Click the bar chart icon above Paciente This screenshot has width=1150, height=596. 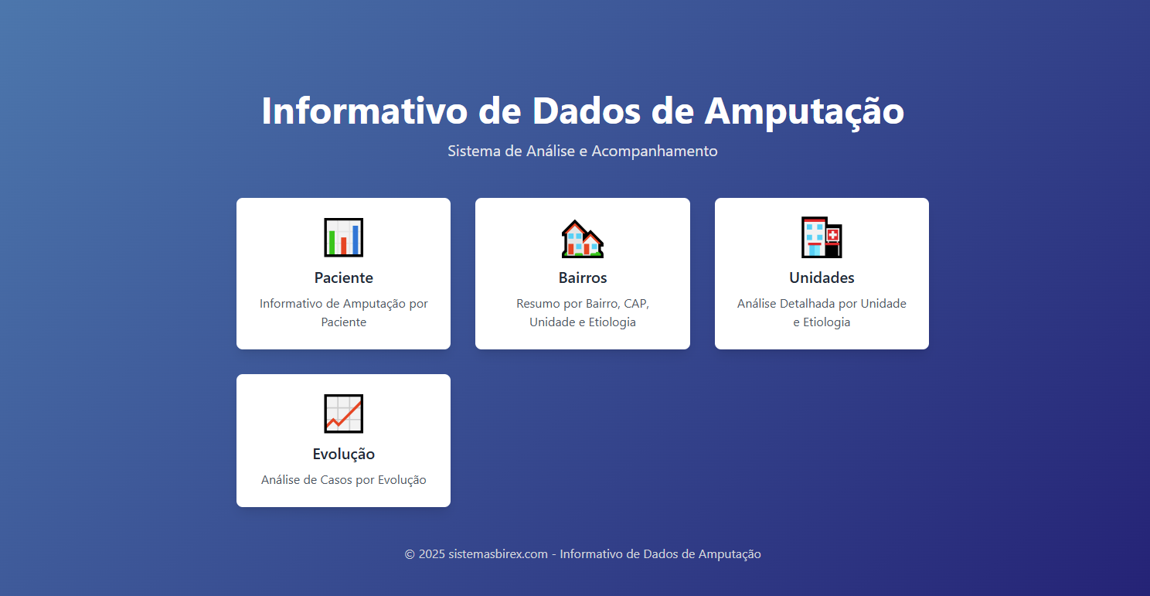[x=343, y=237]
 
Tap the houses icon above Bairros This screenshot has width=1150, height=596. [x=582, y=238]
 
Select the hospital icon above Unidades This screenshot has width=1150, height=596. [x=822, y=237]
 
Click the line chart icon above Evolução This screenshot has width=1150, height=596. [x=343, y=414]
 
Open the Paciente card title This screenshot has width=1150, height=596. [x=343, y=278]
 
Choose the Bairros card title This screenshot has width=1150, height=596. [x=583, y=278]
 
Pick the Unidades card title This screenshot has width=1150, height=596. [x=822, y=278]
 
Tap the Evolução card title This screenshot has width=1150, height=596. [x=343, y=454]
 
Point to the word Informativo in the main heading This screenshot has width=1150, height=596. [x=364, y=111]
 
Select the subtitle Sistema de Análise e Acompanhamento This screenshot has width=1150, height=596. [x=582, y=151]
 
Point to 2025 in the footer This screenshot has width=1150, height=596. [x=432, y=554]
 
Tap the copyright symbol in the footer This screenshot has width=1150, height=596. [x=410, y=554]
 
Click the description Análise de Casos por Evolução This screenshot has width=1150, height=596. [x=343, y=480]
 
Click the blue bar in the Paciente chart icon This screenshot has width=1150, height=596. [x=356, y=240]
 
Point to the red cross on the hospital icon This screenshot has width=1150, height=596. [x=832, y=235]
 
